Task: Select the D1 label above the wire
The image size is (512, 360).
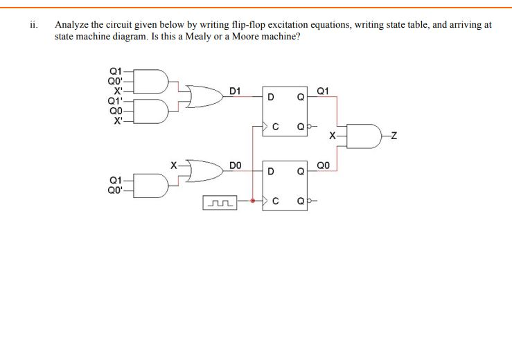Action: click(235, 91)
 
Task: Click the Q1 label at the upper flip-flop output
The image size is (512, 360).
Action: click(323, 91)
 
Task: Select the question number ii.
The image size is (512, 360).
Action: click(33, 24)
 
